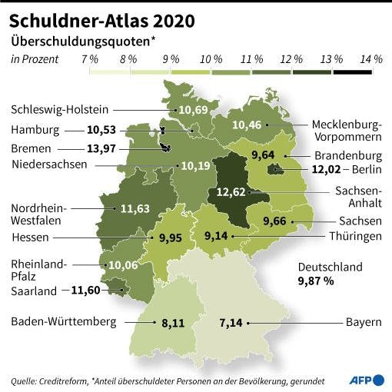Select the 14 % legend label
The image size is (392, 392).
371,58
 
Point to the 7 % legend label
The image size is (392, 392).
90,58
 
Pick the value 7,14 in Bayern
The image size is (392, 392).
230,322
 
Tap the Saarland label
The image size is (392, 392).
34,291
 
